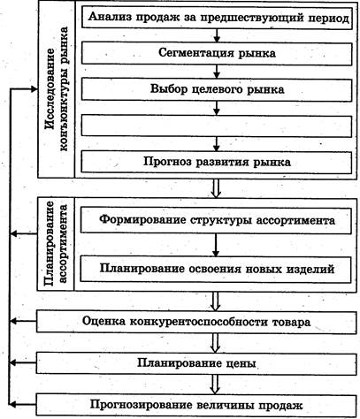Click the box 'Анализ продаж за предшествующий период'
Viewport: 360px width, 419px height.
(x=217, y=18)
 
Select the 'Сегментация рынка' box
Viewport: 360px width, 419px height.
(x=217, y=53)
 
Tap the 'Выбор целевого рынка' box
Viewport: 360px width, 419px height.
(x=217, y=89)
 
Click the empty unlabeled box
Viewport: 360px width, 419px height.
(x=217, y=126)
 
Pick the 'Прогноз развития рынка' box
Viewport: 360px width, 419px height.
(x=217, y=162)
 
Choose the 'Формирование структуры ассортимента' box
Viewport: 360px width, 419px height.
(x=216, y=220)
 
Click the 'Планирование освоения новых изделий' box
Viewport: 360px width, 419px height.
(x=216, y=269)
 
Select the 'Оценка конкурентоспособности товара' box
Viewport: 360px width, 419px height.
(x=196, y=322)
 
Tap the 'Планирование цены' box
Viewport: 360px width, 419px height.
(x=196, y=363)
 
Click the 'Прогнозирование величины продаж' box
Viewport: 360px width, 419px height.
(x=196, y=405)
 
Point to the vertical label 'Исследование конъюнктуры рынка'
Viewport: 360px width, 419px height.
(x=56, y=88)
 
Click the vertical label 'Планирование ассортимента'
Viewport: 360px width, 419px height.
(x=56, y=243)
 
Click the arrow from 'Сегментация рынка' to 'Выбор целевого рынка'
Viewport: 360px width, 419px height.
(x=217, y=72)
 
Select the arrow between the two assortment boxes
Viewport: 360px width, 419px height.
(x=216, y=245)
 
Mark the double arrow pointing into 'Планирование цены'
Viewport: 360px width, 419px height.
(x=216, y=343)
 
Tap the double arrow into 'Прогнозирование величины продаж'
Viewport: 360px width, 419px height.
(x=216, y=385)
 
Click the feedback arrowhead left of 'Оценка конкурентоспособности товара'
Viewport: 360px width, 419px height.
(x=13, y=322)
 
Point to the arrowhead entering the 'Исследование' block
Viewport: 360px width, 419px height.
(x=34, y=89)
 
